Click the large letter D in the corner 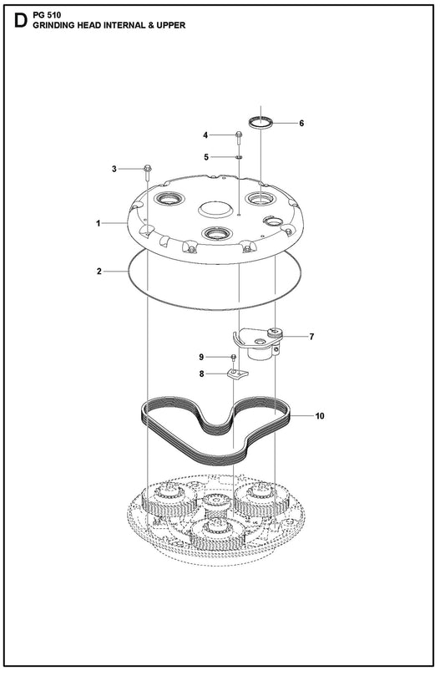tap(21, 20)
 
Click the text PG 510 tap(47, 15)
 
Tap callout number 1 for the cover tap(99, 223)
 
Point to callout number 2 tap(99, 272)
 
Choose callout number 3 tap(114, 169)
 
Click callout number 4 tap(205, 135)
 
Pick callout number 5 tap(206, 157)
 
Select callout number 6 tap(301, 124)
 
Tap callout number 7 tap(312, 337)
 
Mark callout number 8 tap(201, 374)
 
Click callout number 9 tap(201, 357)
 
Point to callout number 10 tap(320, 416)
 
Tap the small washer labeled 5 tap(239, 157)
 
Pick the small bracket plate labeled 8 tap(237, 374)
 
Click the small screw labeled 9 tap(234, 358)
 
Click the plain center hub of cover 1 tap(215, 209)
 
